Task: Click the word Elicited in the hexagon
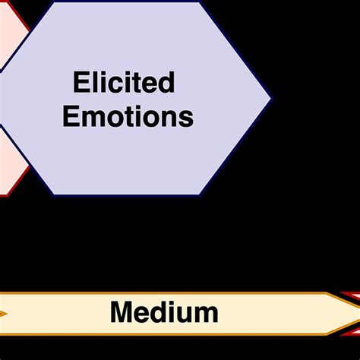[x=124, y=82]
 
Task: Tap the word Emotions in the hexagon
[x=128, y=117]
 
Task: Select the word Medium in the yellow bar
[x=164, y=312]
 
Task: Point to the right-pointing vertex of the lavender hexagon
[x=270, y=98]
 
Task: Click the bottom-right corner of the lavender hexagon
[x=202, y=194]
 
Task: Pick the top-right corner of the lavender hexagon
[x=202, y=2]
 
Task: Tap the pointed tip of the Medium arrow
[x=358, y=313]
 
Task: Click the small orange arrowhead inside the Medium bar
[x=4, y=313]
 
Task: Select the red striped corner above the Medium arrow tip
[x=350, y=296]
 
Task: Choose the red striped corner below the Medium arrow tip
[x=350, y=330]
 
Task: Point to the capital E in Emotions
[x=71, y=117]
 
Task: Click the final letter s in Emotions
[x=187, y=118]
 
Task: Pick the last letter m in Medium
[x=207, y=314]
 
